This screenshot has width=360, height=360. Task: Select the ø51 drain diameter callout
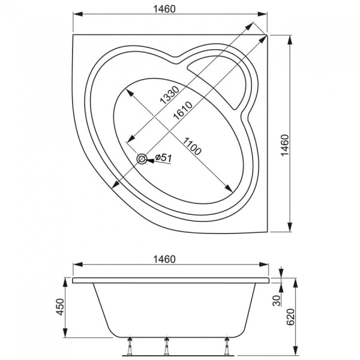click(163, 157)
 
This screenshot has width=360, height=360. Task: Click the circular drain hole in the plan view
click(142, 159)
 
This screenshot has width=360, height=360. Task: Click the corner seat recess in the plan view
click(226, 81)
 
